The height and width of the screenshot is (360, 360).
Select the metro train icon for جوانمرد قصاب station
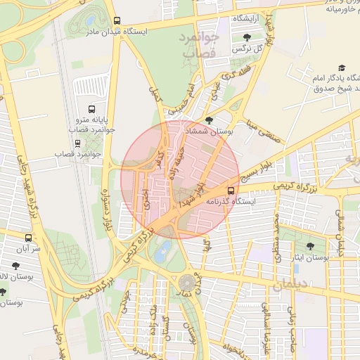(x=77, y=153)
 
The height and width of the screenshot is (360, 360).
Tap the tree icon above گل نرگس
(x=245, y=37)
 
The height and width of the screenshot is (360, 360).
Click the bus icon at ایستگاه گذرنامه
(x=231, y=190)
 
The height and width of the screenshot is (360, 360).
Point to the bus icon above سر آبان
(x=28, y=238)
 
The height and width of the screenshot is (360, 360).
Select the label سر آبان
(x=27, y=250)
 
